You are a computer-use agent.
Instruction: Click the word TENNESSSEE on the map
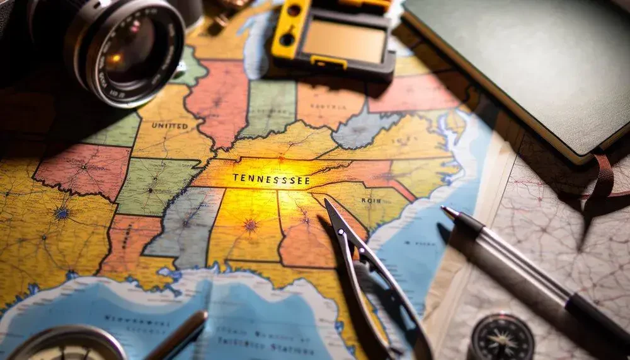271,178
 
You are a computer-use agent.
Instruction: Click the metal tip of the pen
449,211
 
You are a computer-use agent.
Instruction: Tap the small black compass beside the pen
502,337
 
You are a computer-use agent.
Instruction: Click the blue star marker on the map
62,213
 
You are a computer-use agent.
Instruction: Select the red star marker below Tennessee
251,224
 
